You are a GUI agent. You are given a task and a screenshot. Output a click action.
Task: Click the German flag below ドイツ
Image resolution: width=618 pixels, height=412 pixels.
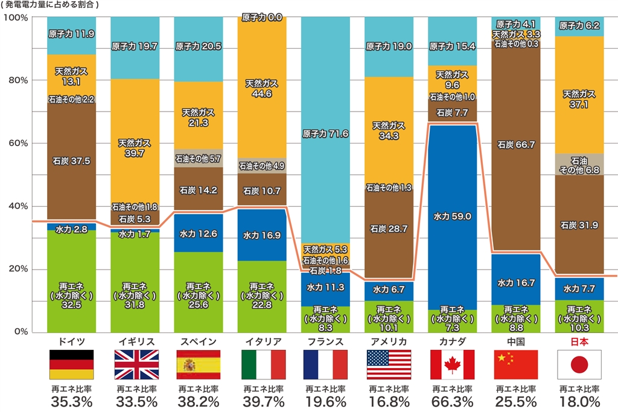tap(71, 364)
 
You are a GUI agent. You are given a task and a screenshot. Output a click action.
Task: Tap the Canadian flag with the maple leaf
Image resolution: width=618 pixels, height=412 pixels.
tap(452, 364)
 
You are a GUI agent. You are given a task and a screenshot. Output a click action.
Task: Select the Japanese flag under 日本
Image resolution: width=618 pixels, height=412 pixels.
tap(579, 364)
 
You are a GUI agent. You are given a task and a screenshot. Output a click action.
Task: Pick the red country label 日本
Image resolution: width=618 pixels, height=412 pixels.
tap(579, 341)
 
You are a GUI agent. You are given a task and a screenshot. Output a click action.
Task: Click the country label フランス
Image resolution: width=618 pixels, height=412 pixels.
tap(325, 341)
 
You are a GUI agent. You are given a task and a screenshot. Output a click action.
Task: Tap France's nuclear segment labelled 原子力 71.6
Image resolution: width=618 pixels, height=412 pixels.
tap(325, 134)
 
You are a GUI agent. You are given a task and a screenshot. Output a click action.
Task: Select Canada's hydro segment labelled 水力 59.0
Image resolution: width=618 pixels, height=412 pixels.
tap(452, 215)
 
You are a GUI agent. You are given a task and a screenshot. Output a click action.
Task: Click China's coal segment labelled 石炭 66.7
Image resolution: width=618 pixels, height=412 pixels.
tap(515, 145)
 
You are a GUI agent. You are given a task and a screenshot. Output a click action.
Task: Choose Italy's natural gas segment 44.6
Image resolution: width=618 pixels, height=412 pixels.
tap(261, 89)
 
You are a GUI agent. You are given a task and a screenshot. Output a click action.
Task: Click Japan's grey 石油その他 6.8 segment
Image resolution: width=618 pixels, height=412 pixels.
tap(579, 164)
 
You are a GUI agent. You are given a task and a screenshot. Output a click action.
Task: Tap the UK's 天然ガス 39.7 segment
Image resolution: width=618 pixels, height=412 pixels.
tap(135, 148)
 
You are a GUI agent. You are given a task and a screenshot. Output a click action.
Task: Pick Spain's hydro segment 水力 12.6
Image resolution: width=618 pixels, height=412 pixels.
tap(198, 233)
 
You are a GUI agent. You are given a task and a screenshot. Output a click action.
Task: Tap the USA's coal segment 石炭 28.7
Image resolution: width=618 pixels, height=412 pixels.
tap(389, 229)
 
